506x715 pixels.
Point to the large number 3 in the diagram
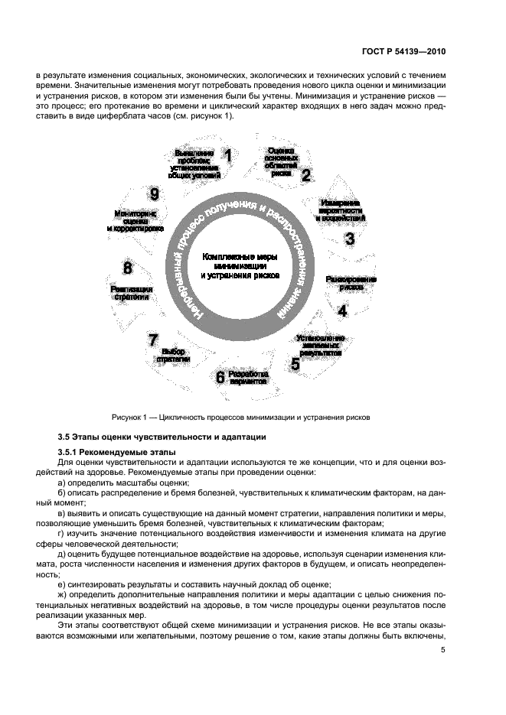pyautogui.click(x=349, y=239)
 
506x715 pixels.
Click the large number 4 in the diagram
pyautogui.click(x=342, y=311)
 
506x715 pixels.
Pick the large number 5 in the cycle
pyautogui.click(x=295, y=363)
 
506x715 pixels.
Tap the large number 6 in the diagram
pyautogui.click(x=220, y=377)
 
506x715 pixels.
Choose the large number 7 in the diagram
pyautogui.click(x=153, y=340)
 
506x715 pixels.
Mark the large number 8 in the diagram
pyautogui.click(x=128, y=268)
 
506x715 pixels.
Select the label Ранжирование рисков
pyautogui.click(x=351, y=284)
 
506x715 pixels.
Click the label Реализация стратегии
pyautogui.click(x=132, y=294)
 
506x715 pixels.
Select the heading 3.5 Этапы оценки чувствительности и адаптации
pyautogui.click(x=162, y=437)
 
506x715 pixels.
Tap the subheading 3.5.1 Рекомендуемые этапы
pyautogui.click(x=116, y=453)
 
